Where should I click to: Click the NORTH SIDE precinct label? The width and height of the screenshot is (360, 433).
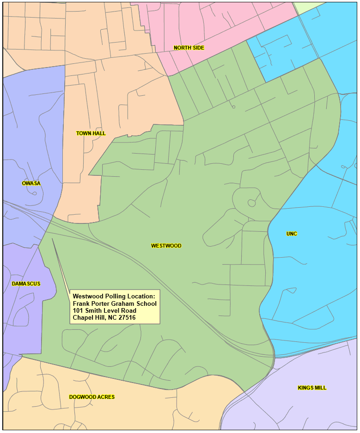tap(189, 48)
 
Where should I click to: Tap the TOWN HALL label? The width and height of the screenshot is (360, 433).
tap(91, 133)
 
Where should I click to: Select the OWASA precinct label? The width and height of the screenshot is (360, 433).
tap(31, 183)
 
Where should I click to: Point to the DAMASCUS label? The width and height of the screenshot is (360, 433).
tap(26, 284)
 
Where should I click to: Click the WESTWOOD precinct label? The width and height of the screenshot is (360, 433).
tap(166, 246)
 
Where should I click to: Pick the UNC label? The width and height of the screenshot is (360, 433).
tap(292, 234)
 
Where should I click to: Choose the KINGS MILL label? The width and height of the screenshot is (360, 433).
tap(312, 388)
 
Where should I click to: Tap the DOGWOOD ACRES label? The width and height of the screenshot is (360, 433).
tap(92, 397)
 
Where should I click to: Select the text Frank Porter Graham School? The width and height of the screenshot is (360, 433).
tap(115, 303)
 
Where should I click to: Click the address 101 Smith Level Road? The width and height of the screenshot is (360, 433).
tap(104, 310)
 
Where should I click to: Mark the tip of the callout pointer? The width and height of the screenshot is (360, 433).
tap(52, 239)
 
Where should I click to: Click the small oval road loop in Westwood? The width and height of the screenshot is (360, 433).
tap(251, 203)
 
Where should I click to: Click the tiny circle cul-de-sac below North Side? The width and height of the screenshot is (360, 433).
tap(233, 107)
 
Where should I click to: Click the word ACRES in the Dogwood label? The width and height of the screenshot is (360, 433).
tap(106, 397)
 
